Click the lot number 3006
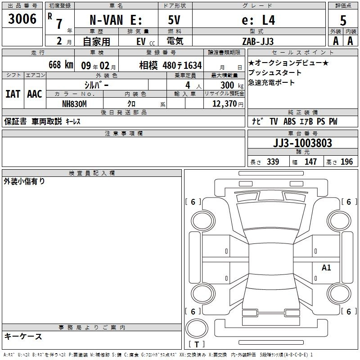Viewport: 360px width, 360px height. click(x=22, y=19)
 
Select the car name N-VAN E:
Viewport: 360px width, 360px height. click(x=116, y=20)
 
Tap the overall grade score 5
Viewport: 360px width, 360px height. click(x=343, y=21)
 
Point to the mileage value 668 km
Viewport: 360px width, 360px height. click(x=61, y=65)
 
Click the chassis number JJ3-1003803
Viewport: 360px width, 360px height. click(x=302, y=143)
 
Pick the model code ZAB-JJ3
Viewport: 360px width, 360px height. click(x=258, y=41)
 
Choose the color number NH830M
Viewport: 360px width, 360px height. click(x=74, y=104)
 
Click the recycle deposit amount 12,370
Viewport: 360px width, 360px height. click(x=224, y=104)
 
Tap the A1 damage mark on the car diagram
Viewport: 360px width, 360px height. click(x=326, y=267)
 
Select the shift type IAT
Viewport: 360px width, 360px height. click(x=13, y=94)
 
